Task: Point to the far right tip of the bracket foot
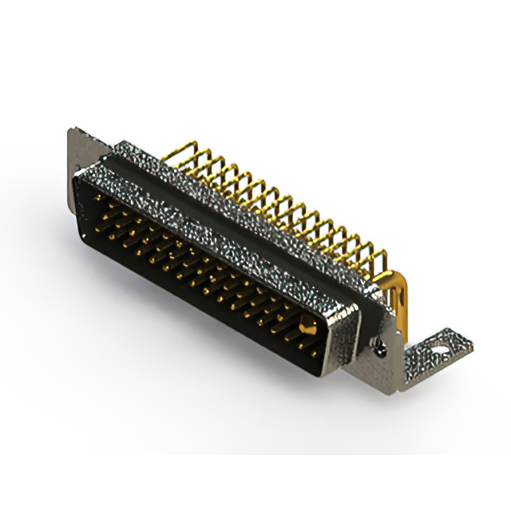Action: point(471,343)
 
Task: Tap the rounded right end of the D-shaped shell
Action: point(339,335)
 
